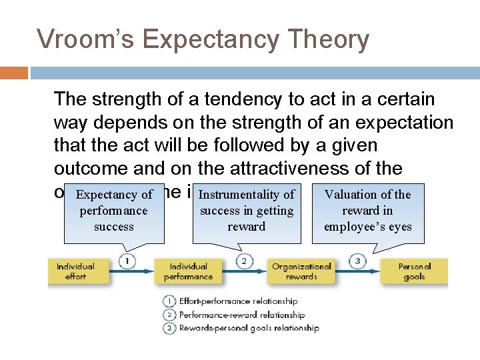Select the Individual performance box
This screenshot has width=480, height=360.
pos(188,271)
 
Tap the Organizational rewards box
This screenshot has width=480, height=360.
pos(301,271)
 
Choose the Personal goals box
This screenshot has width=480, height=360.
pos(414,271)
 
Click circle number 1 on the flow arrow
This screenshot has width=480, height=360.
pos(127,261)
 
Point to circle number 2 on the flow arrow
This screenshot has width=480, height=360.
pos(244,261)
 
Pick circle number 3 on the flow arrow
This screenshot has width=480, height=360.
pos(357,261)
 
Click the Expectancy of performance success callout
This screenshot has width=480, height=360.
pos(114,211)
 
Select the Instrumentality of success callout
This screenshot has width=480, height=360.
pos(247,211)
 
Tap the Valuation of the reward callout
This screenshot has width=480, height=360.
pos(368,211)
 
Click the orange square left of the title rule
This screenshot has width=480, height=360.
pos(14,73)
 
